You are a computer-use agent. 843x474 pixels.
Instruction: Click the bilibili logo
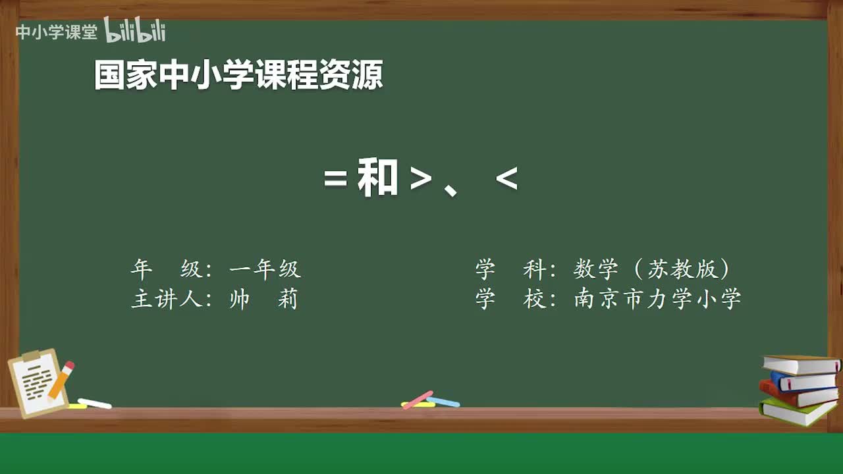pos(134,30)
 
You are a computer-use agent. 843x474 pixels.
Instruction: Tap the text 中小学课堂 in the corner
pos(56,32)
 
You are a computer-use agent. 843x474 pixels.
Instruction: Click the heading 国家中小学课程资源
pos(238,75)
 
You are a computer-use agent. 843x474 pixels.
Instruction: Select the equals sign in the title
pos(335,179)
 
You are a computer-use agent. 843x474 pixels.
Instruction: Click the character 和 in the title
pos(377,178)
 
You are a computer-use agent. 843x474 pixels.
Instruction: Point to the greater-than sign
pos(420,179)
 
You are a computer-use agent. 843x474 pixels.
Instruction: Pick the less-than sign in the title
pos(506,178)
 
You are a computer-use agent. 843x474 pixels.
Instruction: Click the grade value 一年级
pos(265,269)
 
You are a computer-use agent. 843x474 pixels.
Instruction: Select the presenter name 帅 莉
pos(263,300)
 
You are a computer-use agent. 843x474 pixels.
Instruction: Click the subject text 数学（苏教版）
pos(651,269)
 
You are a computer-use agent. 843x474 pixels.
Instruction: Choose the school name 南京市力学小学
pos(657,299)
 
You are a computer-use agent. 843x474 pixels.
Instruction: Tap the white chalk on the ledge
pos(94,404)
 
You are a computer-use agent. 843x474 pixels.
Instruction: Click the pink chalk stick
pos(417,400)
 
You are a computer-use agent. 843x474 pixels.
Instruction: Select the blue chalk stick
pos(443,402)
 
